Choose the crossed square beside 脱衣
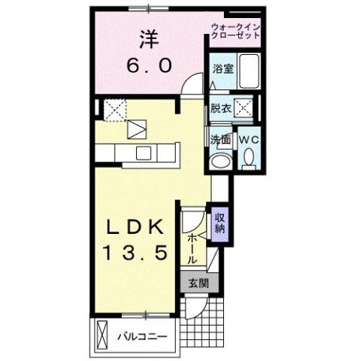[x=244, y=107]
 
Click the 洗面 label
[x=220, y=139]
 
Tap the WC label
[x=249, y=139]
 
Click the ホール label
[x=193, y=244]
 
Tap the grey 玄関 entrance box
[x=198, y=283]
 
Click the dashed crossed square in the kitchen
[x=115, y=110]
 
